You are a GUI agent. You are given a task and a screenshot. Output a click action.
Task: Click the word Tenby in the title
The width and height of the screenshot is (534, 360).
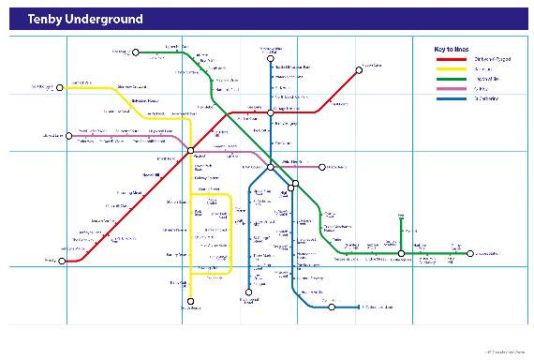point(45,18)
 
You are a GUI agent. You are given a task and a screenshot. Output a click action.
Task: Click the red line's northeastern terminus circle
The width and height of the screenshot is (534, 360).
point(358,68)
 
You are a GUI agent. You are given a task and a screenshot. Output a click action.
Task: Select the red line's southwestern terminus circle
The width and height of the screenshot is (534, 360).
point(64,261)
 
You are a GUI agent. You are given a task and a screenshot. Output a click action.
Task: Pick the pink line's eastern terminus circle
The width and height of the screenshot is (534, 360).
point(321,168)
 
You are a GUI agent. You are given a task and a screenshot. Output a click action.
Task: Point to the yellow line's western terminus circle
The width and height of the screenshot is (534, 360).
point(63,87)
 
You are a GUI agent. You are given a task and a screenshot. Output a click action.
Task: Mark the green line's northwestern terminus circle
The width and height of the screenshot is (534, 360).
point(136,52)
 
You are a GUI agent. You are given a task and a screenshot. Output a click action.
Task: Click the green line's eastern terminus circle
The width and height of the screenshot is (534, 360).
point(469,253)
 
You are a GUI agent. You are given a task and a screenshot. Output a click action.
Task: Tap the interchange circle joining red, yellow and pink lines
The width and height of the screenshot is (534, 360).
point(190,150)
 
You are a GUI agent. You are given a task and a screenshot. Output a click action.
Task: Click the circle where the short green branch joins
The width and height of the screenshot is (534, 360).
point(401,253)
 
